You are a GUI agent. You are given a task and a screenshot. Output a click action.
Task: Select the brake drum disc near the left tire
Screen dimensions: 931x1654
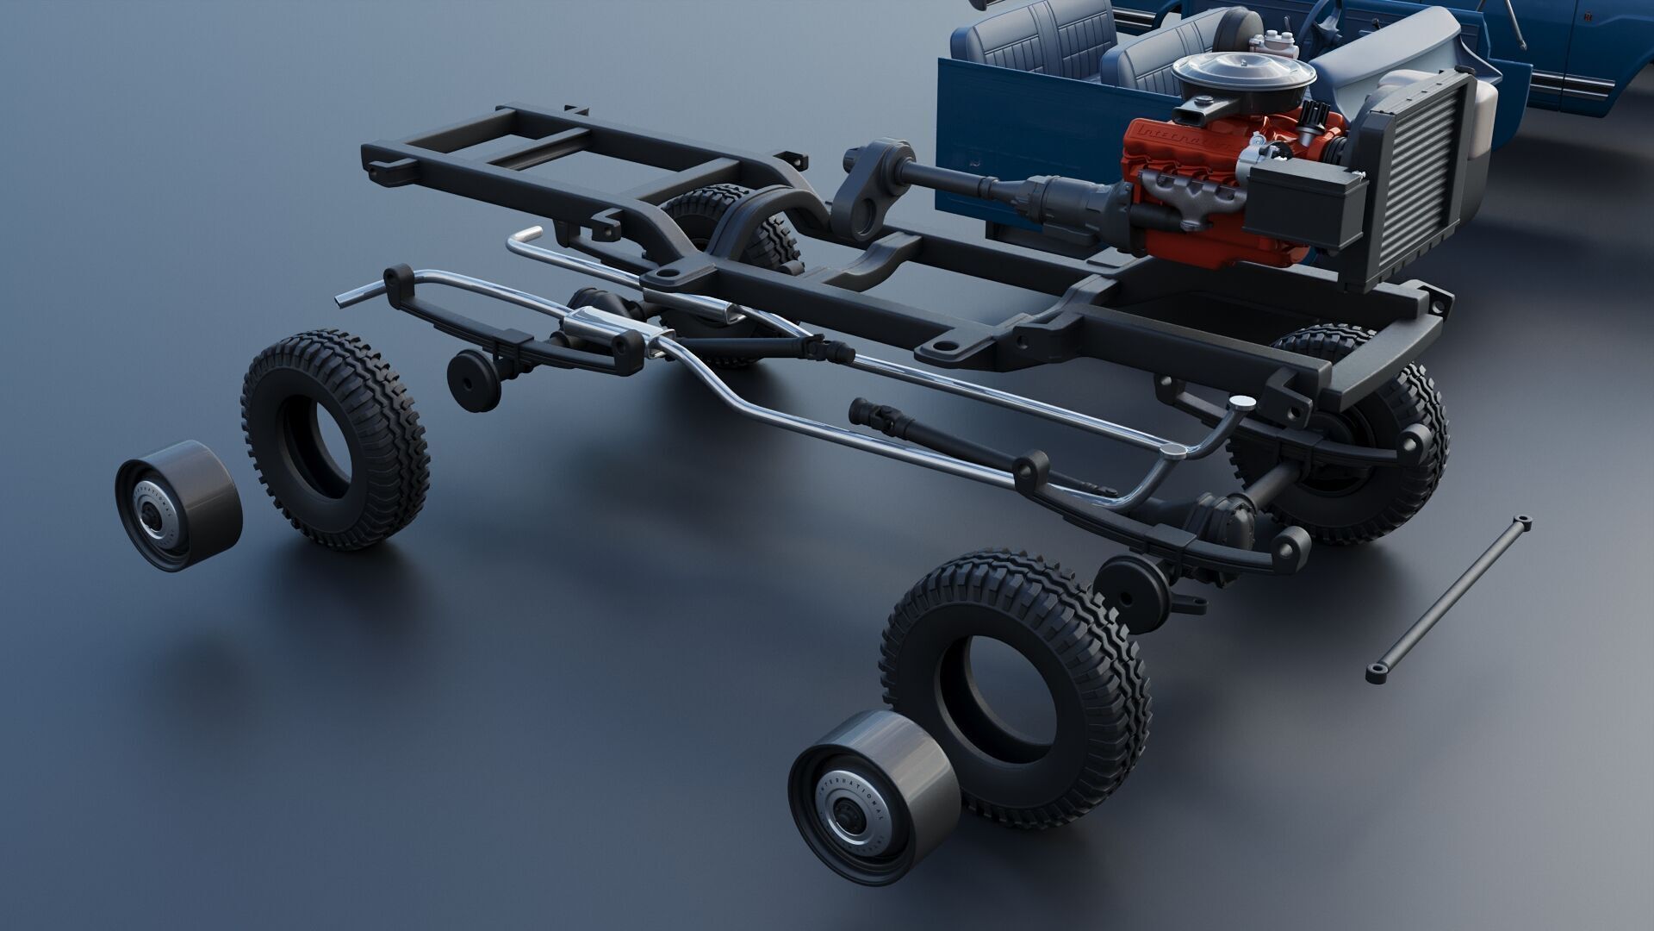click(x=472, y=379)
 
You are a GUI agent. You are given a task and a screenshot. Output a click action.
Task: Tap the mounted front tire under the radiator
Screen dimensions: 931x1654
click(x=1370, y=448)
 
